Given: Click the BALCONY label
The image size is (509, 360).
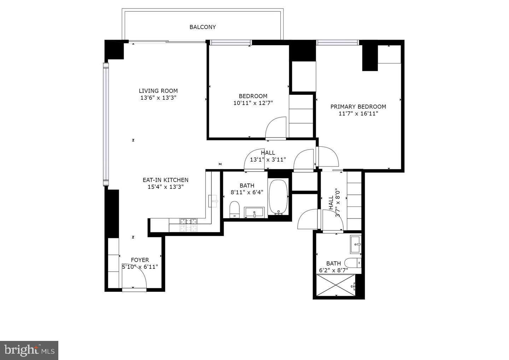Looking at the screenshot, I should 203,27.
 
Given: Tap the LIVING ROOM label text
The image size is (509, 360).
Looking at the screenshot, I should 158,91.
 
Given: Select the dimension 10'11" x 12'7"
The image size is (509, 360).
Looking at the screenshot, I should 253,103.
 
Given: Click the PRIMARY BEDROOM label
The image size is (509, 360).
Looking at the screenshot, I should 358,106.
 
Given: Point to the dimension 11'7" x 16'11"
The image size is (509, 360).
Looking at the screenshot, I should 358,114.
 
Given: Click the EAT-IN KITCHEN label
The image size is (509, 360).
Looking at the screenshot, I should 165,180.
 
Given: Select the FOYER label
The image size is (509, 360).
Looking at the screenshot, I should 140,260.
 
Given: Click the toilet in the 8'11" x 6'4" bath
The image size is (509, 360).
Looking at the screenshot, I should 234,209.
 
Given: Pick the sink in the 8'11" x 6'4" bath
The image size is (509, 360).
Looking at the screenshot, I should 254,212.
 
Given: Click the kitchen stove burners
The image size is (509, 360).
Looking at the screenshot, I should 189,225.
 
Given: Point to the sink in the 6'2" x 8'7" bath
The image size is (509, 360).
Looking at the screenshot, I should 356,244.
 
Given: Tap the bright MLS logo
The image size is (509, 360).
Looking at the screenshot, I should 29,350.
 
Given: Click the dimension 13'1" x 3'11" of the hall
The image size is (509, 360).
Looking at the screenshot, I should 268,159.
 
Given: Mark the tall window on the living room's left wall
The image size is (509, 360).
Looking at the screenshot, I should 106,124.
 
